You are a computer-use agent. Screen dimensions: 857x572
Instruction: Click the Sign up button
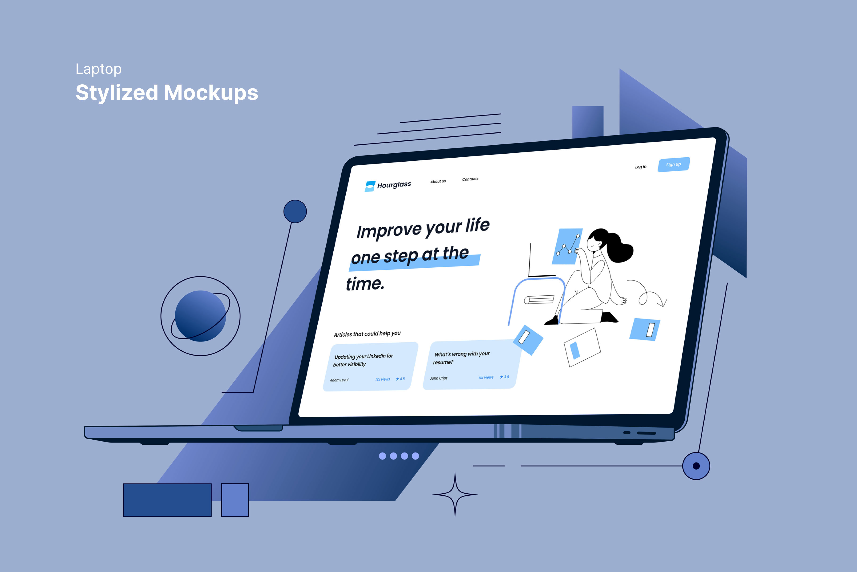click(674, 164)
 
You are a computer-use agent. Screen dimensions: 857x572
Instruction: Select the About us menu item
click(438, 181)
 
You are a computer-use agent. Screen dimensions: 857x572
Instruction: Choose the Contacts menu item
click(470, 179)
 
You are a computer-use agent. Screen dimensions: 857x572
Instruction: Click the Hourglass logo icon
click(370, 186)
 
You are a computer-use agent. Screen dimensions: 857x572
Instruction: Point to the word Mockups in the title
click(211, 93)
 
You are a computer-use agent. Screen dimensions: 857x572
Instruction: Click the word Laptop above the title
click(98, 69)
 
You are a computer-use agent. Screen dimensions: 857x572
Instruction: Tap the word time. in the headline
click(365, 284)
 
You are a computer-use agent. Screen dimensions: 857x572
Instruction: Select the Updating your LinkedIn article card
click(370, 366)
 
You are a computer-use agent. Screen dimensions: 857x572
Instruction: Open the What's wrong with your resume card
click(472, 364)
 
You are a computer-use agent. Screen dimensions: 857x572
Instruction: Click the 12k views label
click(382, 379)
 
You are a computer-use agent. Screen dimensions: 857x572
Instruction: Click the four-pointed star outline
click(455, 495)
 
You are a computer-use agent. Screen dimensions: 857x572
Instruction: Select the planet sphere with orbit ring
click(201, 316)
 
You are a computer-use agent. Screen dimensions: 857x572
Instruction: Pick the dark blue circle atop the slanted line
click(295, 211)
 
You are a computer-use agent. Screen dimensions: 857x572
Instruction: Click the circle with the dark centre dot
click(696, 466)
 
